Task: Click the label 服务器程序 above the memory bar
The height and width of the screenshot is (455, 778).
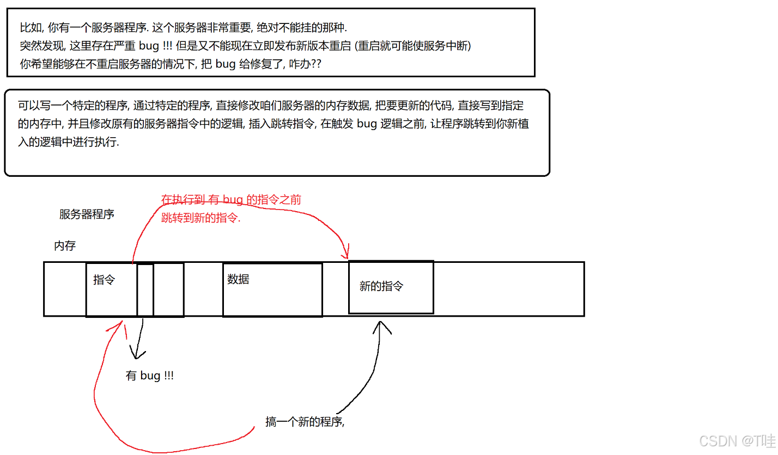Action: click(87, 214)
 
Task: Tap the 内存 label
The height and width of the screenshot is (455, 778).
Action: click(65, 245)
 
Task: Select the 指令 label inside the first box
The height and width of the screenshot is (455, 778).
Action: click(104, 280)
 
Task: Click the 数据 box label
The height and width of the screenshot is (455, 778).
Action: click(238, 279)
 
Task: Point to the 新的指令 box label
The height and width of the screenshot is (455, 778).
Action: click(381, 286)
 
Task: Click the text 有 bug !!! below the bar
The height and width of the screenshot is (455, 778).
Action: click(150, 376)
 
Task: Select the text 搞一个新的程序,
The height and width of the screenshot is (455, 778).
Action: click(305, 422)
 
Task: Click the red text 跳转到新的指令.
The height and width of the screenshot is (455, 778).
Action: click(201, 218)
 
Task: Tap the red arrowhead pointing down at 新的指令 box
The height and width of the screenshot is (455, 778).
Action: click(345, 254)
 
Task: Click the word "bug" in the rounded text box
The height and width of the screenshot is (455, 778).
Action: click(367, 123)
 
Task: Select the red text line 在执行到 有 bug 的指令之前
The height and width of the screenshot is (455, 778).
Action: click(231, 200)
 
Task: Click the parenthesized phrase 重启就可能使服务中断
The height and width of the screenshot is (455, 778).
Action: click(412, 45)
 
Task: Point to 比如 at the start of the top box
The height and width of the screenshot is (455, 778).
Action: click(28, 27)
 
